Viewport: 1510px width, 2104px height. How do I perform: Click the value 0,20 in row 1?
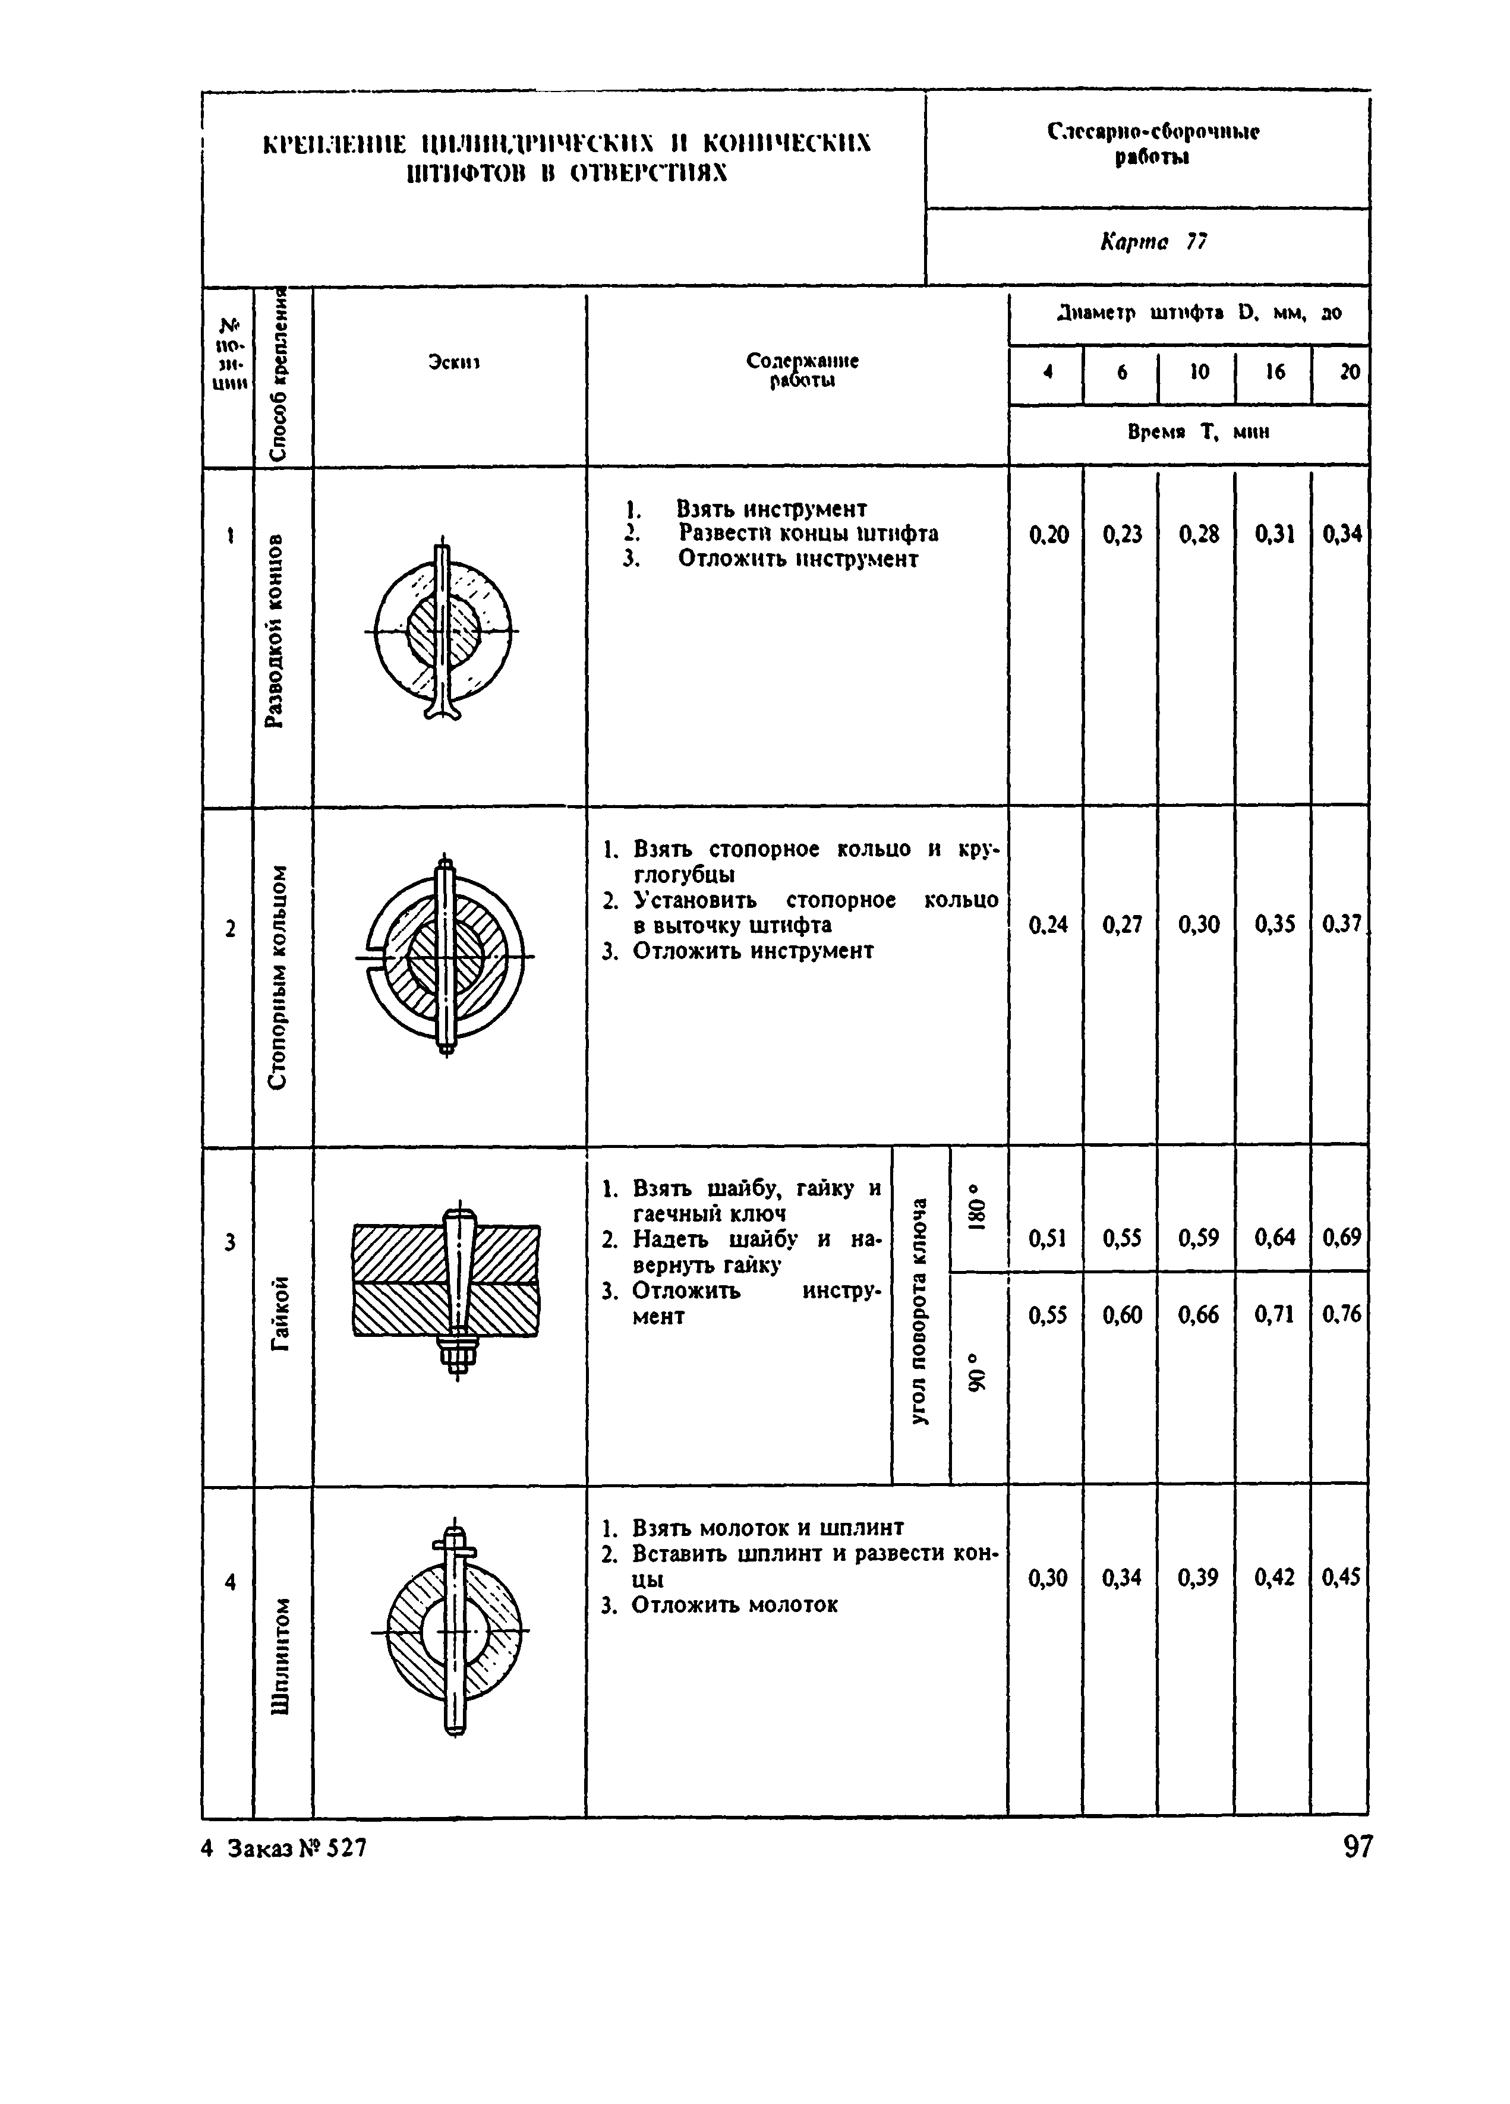pyautogui.click(x=1048, y=534)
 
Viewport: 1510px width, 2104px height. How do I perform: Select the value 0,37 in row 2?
pyautogui.click(x=1342, y=924)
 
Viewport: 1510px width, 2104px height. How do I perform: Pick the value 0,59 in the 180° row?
pyautogui.click(x=1199, y=1238)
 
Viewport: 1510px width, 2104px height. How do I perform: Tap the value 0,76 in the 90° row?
pyautogui.click(x=1342, y=1314)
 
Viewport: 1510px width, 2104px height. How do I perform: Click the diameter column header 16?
pyautogui.click(x=1275, y=372)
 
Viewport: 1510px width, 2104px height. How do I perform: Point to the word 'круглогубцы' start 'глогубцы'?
pyautogui.click(x=683, y=875)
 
